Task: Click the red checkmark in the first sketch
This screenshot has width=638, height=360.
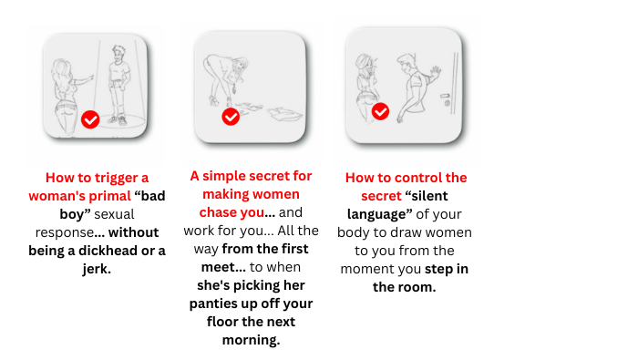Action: click(90, 119)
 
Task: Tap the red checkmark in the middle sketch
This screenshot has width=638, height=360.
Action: click(231, 117)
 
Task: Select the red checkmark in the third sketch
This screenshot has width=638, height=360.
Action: click(380, 111)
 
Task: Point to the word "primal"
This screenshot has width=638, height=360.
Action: click(110, 196)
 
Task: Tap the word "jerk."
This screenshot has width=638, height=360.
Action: click(97, 269)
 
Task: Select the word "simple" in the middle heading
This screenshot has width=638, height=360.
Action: click(224, 176)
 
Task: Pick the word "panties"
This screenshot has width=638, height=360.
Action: click(211, 303)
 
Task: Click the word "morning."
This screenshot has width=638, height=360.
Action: click(251, 340)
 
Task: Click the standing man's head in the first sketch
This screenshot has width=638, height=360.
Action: click(118, 55)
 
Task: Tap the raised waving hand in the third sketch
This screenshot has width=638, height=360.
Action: click(436, 73)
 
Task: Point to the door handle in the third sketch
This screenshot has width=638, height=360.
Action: click(446, 96)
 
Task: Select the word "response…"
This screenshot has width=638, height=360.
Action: click(70, 232)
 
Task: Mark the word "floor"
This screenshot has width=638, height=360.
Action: click(222, 322)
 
